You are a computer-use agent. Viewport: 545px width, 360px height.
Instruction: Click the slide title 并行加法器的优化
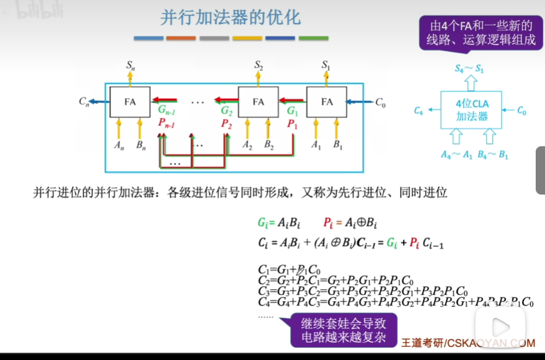click(230, 18)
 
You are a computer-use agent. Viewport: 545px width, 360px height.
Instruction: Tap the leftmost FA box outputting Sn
click(130, 102)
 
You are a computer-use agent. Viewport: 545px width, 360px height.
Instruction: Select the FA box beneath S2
click(259, 102)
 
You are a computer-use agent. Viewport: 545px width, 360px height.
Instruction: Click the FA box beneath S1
click(327, 102)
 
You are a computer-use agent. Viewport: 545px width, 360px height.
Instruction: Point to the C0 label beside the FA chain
click(380, 103)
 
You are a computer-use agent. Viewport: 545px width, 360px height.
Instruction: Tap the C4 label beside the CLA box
click(419, 111)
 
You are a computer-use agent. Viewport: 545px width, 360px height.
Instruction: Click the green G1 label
click(293, 112)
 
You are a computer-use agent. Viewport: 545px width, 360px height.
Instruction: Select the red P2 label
click(226, 124)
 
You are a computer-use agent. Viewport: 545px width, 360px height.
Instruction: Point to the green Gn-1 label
click(166, 111)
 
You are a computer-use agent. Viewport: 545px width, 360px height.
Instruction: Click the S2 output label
click(259, 64)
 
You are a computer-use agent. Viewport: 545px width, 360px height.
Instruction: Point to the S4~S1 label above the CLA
click(469, 69)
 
